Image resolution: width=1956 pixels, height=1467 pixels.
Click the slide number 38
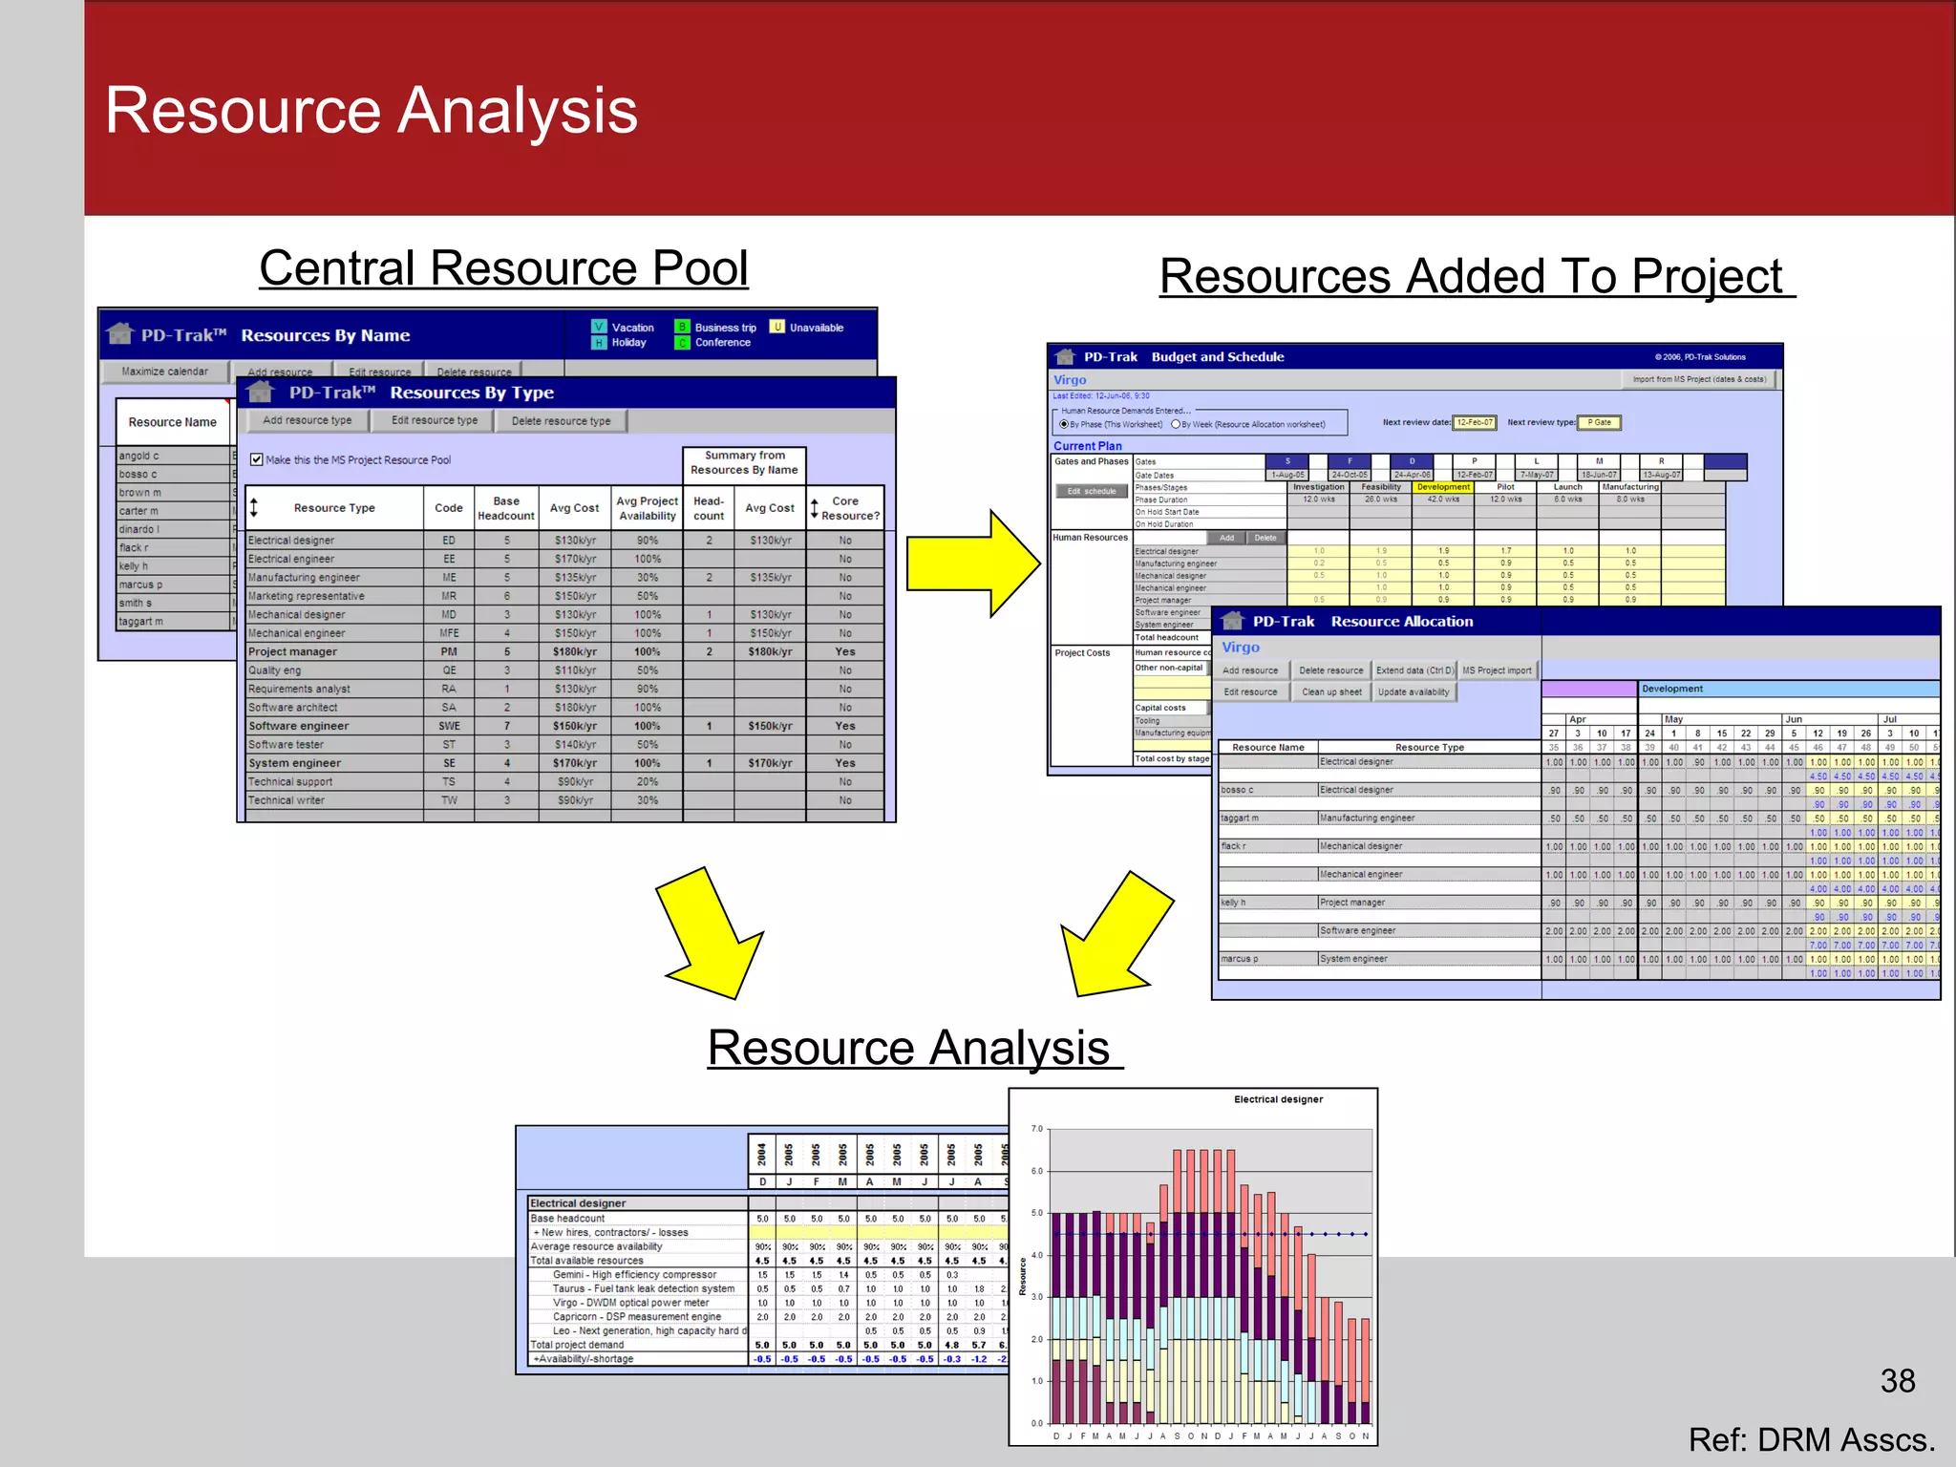(1897, 1381)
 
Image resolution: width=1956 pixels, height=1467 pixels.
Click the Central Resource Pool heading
(503, 268)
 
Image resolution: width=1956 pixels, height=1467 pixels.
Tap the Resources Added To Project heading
(1476, 277)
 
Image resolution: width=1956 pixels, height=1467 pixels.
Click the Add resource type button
(307, 420)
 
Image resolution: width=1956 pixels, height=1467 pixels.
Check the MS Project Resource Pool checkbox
(256, 459)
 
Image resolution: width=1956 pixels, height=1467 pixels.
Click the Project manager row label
(292, 651)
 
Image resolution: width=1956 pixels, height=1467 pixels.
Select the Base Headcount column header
(506, 508)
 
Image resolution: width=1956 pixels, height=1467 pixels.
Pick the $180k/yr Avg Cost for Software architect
(575, 708)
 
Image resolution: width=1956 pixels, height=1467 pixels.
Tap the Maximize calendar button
(164, 372)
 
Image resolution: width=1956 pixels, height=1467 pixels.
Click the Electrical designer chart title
(1278, 1100)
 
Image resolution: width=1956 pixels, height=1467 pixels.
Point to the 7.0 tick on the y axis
(1037, 1129)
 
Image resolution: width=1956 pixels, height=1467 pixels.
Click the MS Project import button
(1497, 670)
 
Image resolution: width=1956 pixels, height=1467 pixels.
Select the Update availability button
(1414, 692)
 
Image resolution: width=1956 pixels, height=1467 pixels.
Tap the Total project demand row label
(577, 1345)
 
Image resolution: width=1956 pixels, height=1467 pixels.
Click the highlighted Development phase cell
(1443, 487)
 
